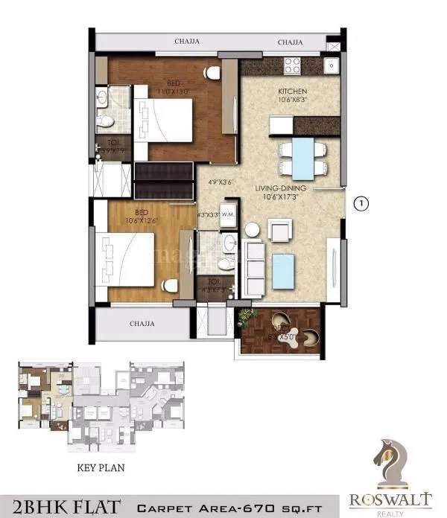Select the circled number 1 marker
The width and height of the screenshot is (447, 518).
(361, 202)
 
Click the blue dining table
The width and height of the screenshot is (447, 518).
(302, 159)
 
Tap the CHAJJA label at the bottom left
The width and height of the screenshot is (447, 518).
(142, 324)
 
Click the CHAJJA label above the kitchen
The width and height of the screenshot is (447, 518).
(290, 42)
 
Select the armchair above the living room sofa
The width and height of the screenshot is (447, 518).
(280, 231)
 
